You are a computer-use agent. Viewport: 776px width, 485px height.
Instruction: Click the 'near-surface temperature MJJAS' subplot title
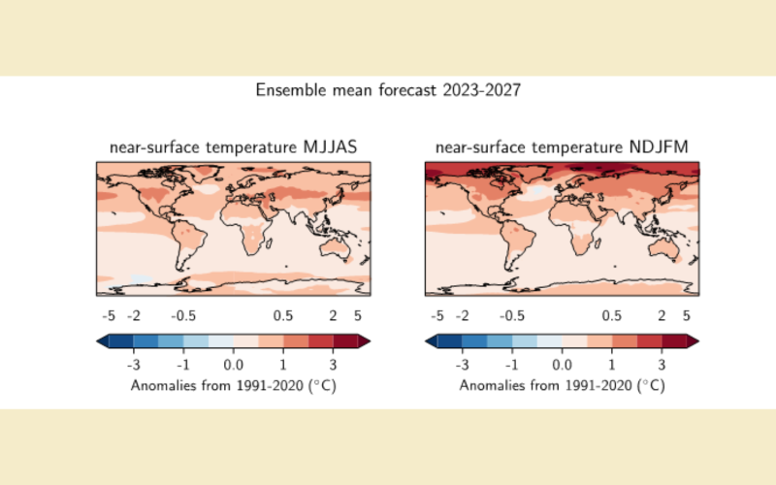233,147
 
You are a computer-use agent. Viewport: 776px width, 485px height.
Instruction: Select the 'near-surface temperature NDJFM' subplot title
563,147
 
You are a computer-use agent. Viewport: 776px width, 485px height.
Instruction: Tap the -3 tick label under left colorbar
133,364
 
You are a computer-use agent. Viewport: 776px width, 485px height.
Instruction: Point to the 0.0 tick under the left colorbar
233,364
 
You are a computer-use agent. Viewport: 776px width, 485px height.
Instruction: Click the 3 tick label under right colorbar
662,364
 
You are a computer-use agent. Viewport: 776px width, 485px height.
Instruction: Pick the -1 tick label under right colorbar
512,364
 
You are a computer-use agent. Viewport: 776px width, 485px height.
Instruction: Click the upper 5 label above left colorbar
358,316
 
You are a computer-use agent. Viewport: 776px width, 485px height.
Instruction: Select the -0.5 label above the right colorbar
511,316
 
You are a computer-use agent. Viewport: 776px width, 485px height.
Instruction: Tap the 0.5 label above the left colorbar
283,316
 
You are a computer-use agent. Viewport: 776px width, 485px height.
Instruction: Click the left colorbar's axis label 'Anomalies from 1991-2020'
233,385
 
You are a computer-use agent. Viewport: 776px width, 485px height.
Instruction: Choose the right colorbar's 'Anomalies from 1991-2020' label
563,385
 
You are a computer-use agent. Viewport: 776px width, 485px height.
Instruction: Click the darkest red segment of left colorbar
345,340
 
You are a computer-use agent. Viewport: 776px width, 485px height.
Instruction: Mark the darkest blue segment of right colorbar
449,340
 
